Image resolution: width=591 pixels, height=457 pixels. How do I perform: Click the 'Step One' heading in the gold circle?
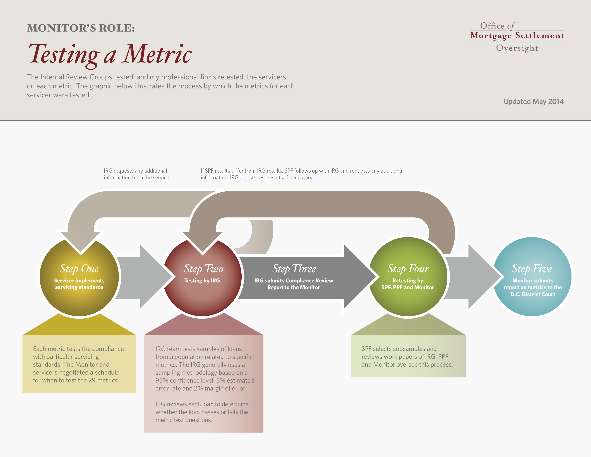(x=79, y=269)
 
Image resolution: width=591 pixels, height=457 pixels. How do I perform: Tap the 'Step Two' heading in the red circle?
(x=203, y=269)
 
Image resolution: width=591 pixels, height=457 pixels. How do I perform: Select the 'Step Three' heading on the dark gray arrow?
(x=294, y=269)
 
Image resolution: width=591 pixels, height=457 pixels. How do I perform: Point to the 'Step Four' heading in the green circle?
(x=408, y=269)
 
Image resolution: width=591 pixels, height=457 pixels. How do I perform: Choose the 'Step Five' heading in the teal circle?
(x=532, y=269)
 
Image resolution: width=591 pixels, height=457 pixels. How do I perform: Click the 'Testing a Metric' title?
(x=110, y=54)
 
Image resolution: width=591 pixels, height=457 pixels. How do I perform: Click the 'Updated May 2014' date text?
(x=534, y=101)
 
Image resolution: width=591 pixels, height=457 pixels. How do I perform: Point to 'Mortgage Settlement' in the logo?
(x=517, y=35)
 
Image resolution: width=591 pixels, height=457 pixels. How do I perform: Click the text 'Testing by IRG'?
(x=202, y=280)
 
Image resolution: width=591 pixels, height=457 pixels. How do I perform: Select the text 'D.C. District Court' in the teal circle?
(x=533, y=294)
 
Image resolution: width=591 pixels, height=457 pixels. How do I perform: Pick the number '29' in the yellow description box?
(x=92, y=380)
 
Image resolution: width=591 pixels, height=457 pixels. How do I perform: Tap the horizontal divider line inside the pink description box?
(x=205, y=396)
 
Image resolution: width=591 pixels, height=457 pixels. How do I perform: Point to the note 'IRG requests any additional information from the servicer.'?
(x=138, y=174)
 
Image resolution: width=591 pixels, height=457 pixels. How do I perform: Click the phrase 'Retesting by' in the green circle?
(x=408, y=280)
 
